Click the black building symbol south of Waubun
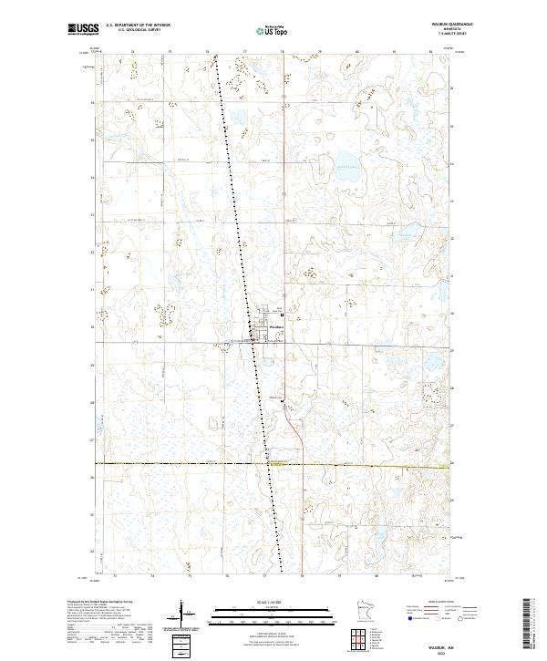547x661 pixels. [282, 400]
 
